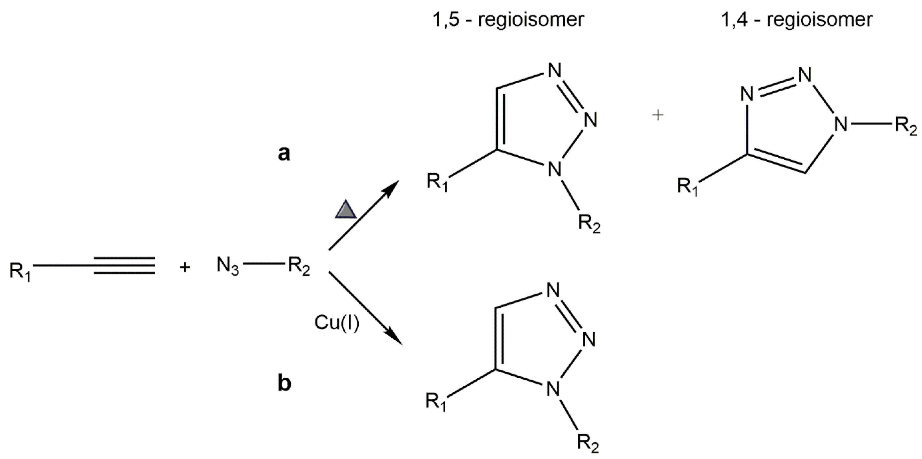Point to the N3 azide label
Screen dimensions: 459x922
pyautogui.click(x=228, y=267)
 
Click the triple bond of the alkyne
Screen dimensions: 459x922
pyautogui.click(x=124, y=266)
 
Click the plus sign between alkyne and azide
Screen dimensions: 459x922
pyautogui.click(x=185, y=267)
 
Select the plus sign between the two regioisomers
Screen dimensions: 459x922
pyautogui.click(x=658, y=115)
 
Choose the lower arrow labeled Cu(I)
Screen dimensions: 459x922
pyautogui.click(x=365, y=308)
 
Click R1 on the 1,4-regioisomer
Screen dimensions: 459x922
pyautogui.click(x=688, y=187)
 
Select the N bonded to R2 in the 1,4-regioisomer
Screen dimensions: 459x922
pyautogui.click(x=841, y=124)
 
